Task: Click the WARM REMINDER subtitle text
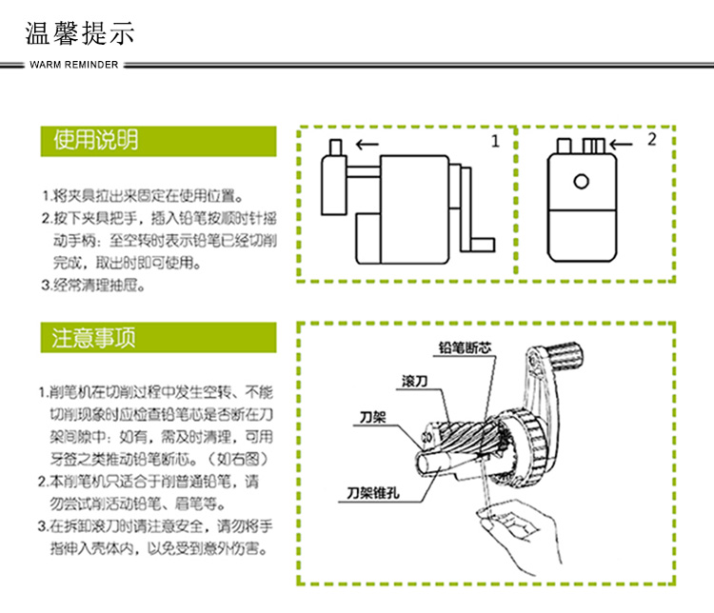pyautogui.click(x=74, y=65)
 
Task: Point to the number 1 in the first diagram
pyautogui.click(x=495, y=142)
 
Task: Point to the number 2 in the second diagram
pyautogui.click(x=651, y=140)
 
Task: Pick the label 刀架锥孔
pyautogui.click(x=372, y=494)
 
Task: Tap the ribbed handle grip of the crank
pyautogui.click(x=563, y=356)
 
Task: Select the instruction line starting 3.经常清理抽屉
pyautogui.click(x=93, y=284)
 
